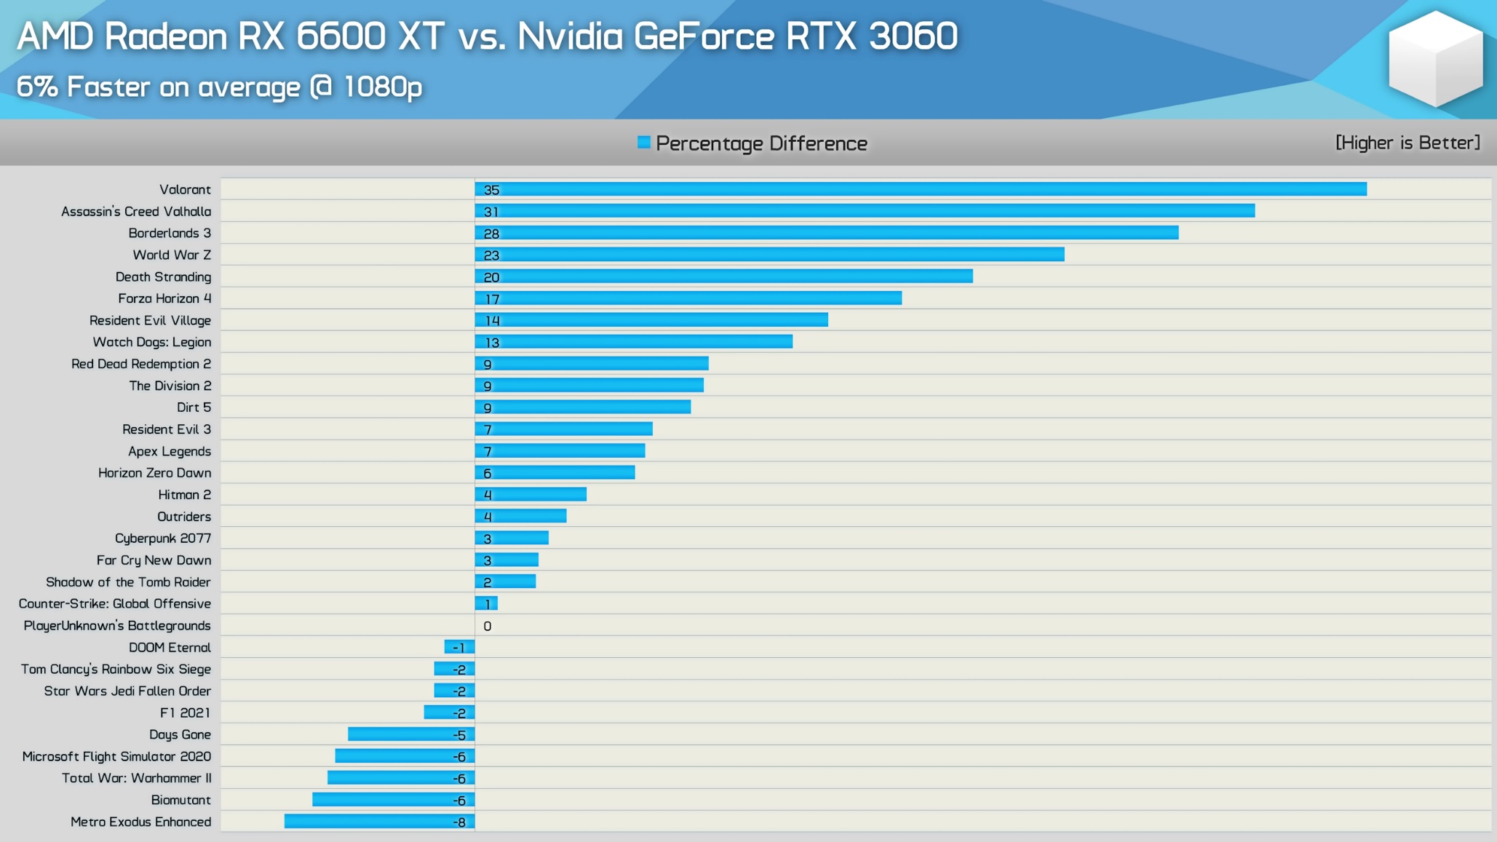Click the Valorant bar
(921, 189)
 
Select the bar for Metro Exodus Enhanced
(379, 822)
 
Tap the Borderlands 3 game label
(170, 233)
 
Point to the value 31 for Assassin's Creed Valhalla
(491, 212)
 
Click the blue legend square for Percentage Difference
(644, 142)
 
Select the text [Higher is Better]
(1407, 143)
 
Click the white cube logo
(1434, 58)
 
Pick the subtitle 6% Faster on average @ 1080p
(219, 87)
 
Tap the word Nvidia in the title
(570, 36)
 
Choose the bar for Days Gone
(411, 734)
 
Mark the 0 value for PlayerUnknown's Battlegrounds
(488, 626)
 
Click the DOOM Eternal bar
(459, 647)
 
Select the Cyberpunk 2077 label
(163, 538)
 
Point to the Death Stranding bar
(723, 277)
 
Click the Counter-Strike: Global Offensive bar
(486, 603)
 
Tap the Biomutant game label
(180, 800)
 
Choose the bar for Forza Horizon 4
(688, 298)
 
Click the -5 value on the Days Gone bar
(459, 735)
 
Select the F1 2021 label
(185, 712)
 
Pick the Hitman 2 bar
(531, 495)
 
